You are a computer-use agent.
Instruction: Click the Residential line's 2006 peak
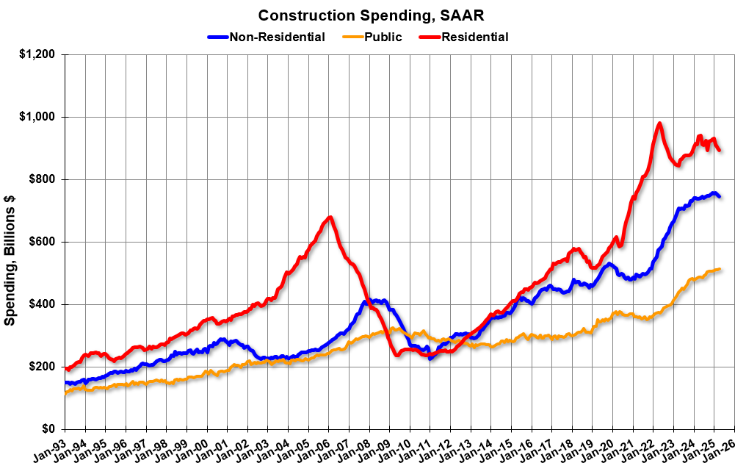[330, 217]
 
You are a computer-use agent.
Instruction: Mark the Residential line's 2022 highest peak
[659, 123]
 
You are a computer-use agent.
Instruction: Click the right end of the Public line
[720, 269]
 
